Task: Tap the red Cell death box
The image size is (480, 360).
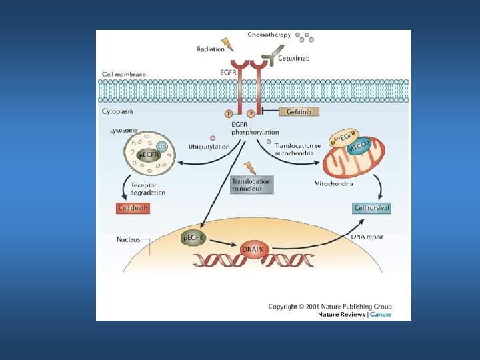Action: (133, 208)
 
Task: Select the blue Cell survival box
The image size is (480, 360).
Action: (372, 208)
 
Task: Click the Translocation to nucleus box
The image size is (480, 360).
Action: (251, 185)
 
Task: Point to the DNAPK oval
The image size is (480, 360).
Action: (253, 248)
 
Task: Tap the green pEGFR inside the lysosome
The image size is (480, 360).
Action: (150, 155)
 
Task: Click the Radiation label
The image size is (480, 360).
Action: (210, 49)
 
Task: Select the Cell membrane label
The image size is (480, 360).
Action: (123, 74)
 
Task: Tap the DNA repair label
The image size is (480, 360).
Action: (367, 237)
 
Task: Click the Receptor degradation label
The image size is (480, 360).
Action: (147, 189)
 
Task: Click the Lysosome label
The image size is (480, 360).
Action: (124, 131)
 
